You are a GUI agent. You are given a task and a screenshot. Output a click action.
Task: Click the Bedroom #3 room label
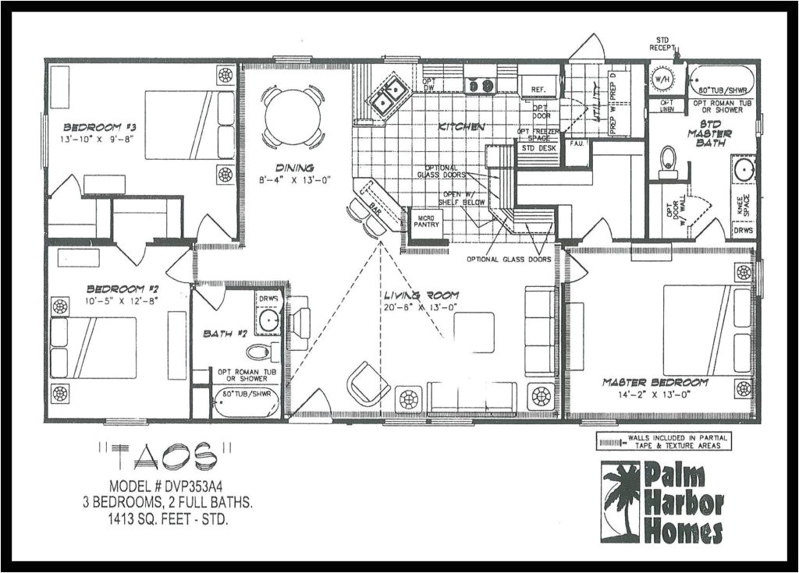pyautogui.click(x=90, y=127)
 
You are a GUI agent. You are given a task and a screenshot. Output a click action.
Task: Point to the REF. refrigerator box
pyautogui.click(x=538, y=90)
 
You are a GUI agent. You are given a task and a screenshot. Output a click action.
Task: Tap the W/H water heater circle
pyautogui.click(x=662, y=80)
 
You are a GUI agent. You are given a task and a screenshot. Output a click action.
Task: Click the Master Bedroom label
pyautogui.click(x=655, y=382)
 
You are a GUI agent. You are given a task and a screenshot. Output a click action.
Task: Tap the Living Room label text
pyautogui.click(x=421, y=295)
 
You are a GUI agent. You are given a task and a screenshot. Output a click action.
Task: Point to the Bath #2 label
pyautogui.click(x=225, y=334)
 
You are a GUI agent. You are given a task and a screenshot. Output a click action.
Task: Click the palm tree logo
pyautogui.click(x=620, y=499)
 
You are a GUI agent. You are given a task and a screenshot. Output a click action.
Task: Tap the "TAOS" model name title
pyautogui.click(x=165, y=455)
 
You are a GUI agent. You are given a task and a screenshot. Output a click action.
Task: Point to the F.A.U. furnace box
pyautogui.click(x=577, y=144)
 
